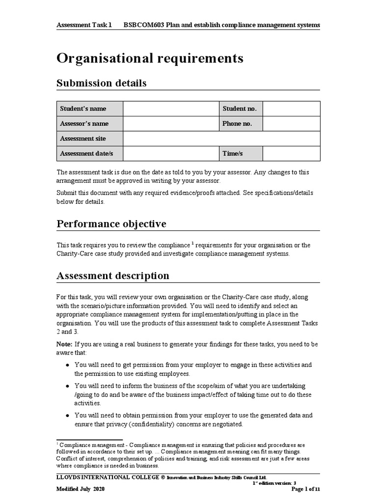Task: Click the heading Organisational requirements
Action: (x=150, y=58)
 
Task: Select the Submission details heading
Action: (x=102, y=83)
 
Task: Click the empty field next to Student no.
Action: (x=291, y=109)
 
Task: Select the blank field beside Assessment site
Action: (x=221, y=139)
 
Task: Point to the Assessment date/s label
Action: (x=86, y=154)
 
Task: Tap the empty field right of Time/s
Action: (x=291, y=154)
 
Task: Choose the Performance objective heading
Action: (x=111, y=224)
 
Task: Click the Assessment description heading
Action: (x=113, y=276)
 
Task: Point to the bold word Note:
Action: (x=64, y=344)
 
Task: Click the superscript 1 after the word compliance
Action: (x=193, y=243)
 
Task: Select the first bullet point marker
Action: (x=67, y=365)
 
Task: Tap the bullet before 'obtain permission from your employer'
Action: (x=67, y=416)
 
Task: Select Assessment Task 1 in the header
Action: (x=84, y=25)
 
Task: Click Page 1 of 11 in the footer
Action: (x=306, y=489)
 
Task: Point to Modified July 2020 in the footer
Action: (x=81, y=489)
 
